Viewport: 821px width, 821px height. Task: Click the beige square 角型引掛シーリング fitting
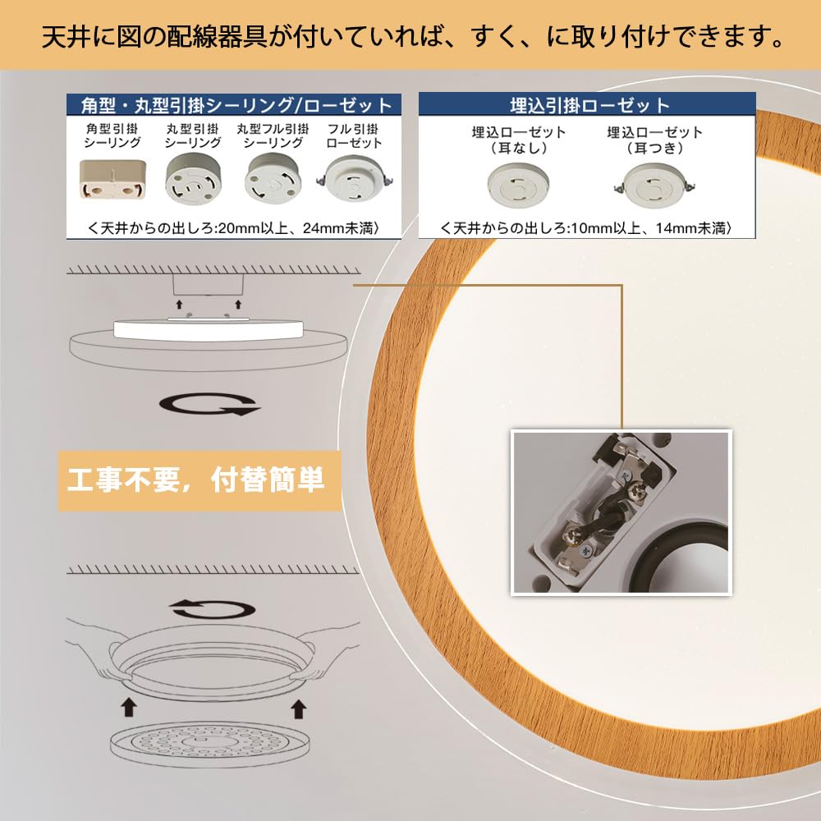tap(112, 180)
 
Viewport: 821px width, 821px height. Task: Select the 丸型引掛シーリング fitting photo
tap(193, 181)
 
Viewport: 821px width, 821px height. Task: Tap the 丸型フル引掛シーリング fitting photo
tap(273, 180)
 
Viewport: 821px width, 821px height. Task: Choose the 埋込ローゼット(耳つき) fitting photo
tap(654, 186)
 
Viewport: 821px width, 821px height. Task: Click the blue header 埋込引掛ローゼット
tap(587, 104)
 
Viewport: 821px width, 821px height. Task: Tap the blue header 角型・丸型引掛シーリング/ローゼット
tap(234, 105)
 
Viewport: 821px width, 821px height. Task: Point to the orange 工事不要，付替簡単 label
tap(199, 480)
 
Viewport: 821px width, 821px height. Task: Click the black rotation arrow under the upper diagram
tap(209, 404)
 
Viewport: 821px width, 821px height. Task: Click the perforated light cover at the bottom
tap(210, 745)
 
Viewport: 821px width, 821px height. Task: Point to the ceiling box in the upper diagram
tap(209, 285)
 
